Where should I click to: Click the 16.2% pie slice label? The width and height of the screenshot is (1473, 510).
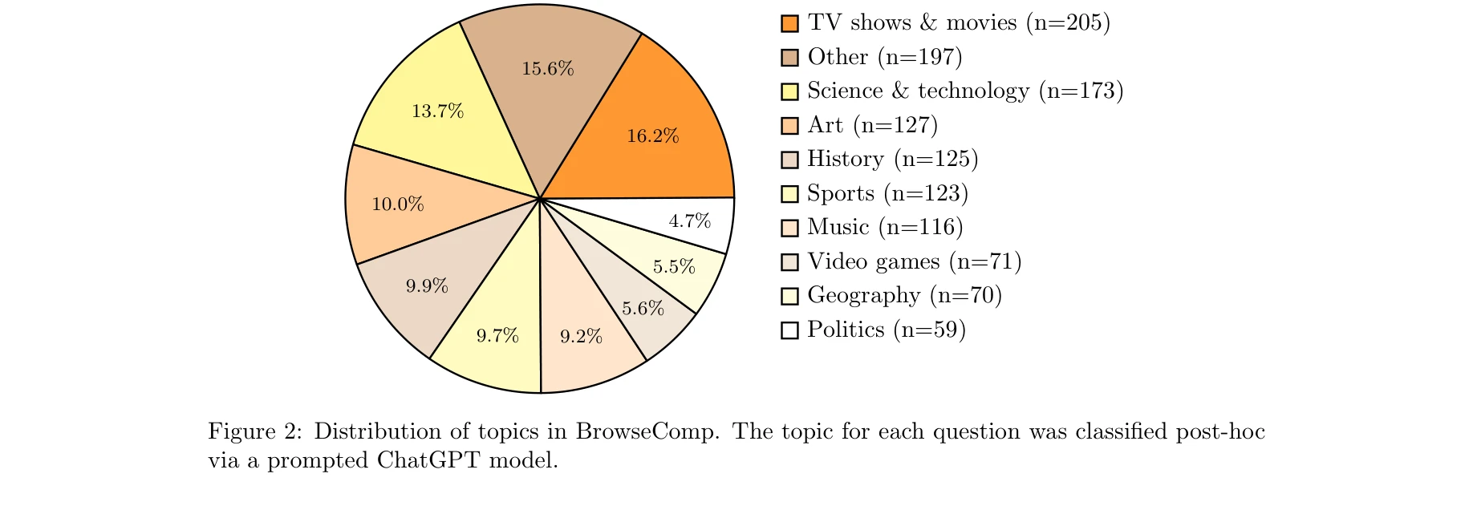tap(652, 136)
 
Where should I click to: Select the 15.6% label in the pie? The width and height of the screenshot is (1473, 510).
tap(548, 69)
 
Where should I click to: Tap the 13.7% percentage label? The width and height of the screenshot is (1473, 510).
tap(437, 111)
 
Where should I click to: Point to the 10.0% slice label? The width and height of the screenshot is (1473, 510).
tap(397, 204)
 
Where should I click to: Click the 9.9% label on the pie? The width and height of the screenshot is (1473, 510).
tap(427, 286)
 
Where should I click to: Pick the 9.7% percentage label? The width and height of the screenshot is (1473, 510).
tap(497, 336)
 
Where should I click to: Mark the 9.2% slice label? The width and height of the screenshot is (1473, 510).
tap(581, 337)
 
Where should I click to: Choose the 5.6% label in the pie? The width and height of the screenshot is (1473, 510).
tap(643, 309)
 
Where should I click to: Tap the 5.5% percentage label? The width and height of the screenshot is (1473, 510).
tap(674, 267)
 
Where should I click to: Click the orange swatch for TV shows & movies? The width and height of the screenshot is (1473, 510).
tap(789, 23)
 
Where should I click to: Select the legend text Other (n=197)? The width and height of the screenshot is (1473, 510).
tap(884, 57)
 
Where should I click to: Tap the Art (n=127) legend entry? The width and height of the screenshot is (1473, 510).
tap(872, 125)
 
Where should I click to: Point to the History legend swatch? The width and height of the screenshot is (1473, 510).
tap(789, 160)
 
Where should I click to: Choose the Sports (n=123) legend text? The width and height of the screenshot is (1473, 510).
tap(887, 193)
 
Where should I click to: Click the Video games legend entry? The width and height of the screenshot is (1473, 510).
tap(914, 261)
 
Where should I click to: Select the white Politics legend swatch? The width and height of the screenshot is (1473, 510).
tap(789, 330)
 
